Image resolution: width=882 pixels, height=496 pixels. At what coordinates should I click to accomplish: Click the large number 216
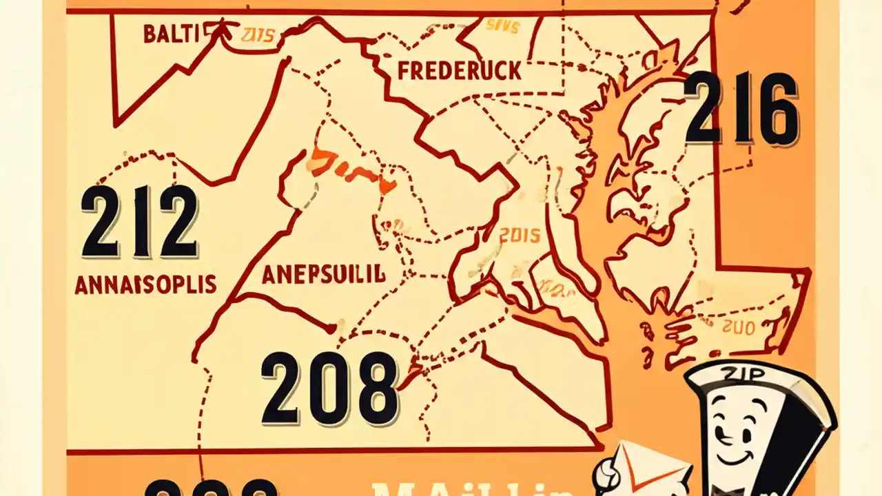pyautogui.click(x=741, y=109)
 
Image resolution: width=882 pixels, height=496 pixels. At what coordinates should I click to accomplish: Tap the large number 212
pyautogui.click(x=140, y=223)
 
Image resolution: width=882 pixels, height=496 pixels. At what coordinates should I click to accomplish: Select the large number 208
pyautogui.click(x=329, y=387)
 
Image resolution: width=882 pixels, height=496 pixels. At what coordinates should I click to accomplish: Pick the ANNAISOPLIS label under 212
pyautogui.click(x=145, y=284)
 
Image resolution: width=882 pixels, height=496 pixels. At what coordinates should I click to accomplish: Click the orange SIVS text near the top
pyautogui.click(x=502, y=26)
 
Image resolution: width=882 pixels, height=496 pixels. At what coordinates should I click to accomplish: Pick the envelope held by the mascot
pyautogui.click(x=655, y=468)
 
